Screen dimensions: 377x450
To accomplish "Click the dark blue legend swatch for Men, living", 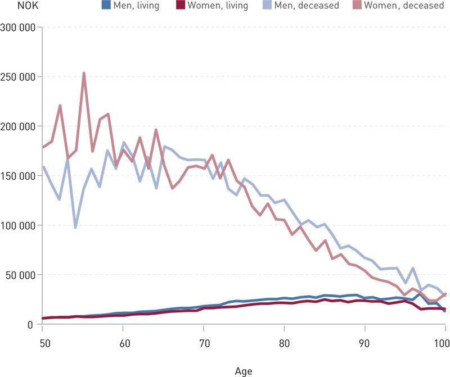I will pyautogui.click(x=105, y=6).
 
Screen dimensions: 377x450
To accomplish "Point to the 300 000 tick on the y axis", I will pyautogui.click(x=19, y=27).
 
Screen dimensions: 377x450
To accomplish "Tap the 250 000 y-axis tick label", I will pyautogui.click(x=19, y=76).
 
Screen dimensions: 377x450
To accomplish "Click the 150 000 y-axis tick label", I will pyautogui.click(x=19, y=176).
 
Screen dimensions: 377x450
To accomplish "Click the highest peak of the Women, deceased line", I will pyautogui.click(x=83, y=73).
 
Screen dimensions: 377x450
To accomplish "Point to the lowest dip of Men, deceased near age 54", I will pyautogui.click(x=75, y=227).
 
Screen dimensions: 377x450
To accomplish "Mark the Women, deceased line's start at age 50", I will pyautogui.click(x=43, y=147).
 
